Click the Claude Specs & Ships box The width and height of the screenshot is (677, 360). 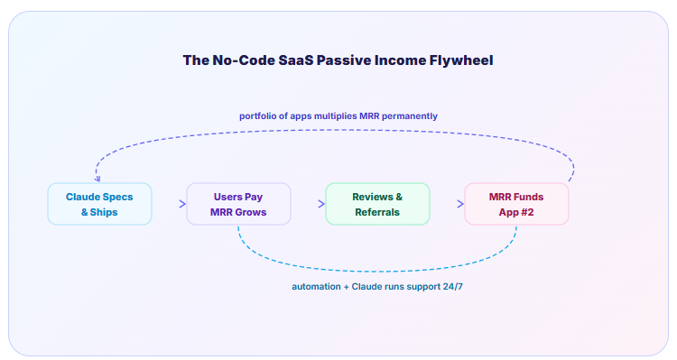pyautogui.click(x=99, y=204)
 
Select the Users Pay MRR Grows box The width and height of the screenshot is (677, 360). pyautogui.click(x=238, y=204)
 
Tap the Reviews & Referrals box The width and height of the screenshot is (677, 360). pyautogui.click(x=377, y=204)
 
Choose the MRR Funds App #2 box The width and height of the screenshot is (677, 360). pyautogui.click(x=516, y=204)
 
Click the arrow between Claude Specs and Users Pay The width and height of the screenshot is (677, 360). pyautogui.click(x=182, y=204)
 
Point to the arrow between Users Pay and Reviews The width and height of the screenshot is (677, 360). pyautogui.click(x=321, y=204)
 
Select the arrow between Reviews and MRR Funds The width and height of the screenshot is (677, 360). pyautogui.click(x=460, y=204)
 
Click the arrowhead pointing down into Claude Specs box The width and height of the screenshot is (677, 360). pyautogui.click(x=97, y=179)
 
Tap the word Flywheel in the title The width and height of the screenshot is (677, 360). pyautogui.click(x=461, y=60)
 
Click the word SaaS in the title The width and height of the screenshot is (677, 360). pyautogui.click(x=296, y=60)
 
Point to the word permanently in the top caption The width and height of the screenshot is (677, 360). pyautogui.click(x=410, y=116)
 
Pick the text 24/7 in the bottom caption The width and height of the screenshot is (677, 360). pyautogui.click(x=453, y=287)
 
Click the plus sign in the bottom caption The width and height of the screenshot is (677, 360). pyautogui.click(x=347, y=287)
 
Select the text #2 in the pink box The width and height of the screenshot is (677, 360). pyautogui.click(x=528, y=212)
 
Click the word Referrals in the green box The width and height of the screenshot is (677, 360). pyautogui.click(x=377, y=212)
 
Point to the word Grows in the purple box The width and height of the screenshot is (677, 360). pyautogui.click(x=251, y=212)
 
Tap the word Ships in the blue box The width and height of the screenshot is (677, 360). pyautogui.click(x=104, y=213)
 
